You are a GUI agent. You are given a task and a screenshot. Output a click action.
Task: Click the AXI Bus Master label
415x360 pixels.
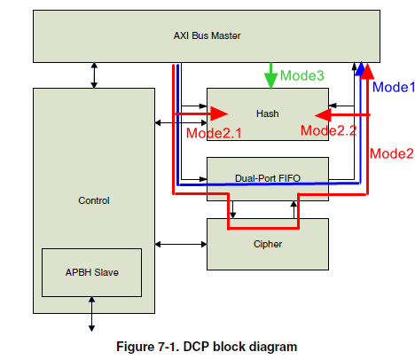click(207, 35)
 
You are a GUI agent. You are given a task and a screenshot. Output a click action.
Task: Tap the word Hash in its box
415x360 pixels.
click(268, 113)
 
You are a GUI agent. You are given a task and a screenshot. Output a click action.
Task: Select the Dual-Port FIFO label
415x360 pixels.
click(268, 178)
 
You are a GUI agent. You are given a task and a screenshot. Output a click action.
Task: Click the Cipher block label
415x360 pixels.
click(268, 244)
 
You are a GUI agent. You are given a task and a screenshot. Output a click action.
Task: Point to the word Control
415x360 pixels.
click(94, 200)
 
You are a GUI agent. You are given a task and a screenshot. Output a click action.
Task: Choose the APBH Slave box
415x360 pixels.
click(91, 272)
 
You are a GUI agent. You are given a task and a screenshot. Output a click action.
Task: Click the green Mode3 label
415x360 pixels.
click(302, 75)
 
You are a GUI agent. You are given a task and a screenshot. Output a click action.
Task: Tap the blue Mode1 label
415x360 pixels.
click(394, 87)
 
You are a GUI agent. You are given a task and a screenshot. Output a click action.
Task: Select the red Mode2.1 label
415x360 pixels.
click(214, 133)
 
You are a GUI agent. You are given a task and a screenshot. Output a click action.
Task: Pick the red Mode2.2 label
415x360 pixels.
click(329, 130)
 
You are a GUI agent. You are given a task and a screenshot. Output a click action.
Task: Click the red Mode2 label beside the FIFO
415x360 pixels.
click(392, 153)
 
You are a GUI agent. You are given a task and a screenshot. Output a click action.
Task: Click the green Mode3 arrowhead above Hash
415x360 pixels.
click(270, 79)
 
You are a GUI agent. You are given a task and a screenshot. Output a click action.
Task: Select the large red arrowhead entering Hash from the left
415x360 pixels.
click(219, 113)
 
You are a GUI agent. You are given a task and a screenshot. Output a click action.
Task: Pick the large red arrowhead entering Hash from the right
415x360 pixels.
click(324, 115)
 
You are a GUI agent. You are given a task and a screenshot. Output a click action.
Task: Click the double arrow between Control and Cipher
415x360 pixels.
click(181, 244)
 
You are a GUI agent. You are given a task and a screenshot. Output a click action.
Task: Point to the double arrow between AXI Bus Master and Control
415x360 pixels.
click(94, 75)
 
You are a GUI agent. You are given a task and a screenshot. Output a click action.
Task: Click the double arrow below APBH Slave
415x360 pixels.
click(91, 314)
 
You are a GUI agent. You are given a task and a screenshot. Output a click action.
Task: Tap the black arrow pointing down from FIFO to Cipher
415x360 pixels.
click(232, 209)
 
